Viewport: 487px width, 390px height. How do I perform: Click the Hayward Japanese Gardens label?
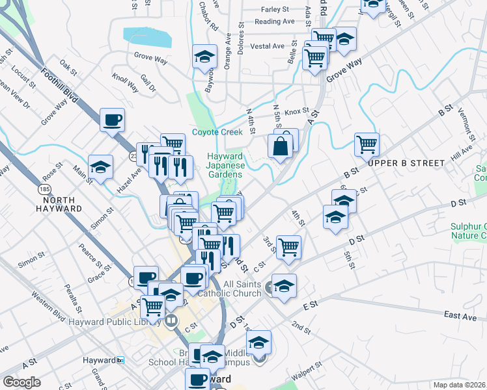coord(225,165)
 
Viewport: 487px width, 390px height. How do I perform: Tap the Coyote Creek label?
coord(217,132)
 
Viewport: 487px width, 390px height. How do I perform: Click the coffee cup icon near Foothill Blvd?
coord(112,120)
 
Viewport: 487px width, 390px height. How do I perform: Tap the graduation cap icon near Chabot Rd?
coord(204,57)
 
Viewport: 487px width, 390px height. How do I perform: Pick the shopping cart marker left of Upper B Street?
coord(367,144)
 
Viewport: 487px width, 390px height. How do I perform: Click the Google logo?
coord(21,382)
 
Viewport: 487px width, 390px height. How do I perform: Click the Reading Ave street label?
coord(274,21)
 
